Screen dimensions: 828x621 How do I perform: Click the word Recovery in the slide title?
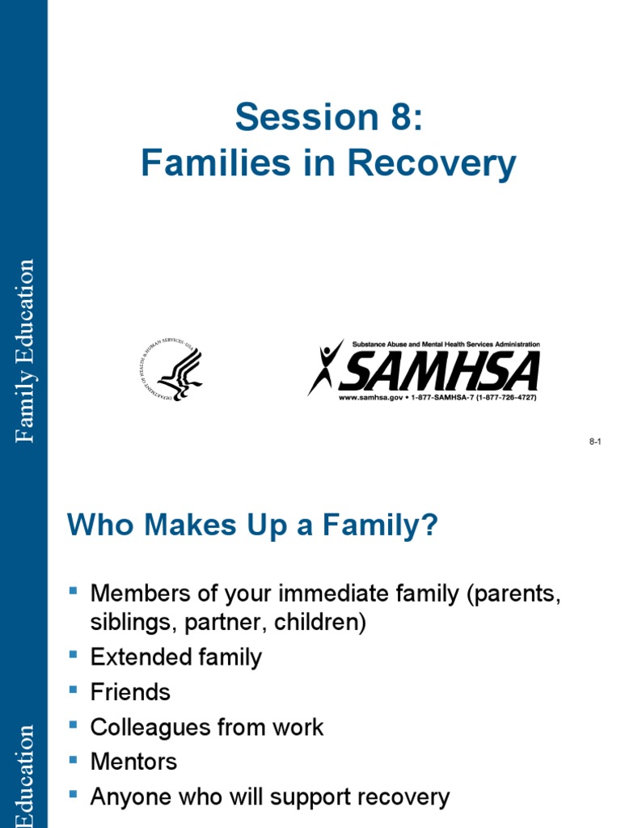pos(433,164)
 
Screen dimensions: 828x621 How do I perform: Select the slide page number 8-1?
pos(596,441)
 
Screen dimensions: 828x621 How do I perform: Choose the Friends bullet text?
pos(130,692)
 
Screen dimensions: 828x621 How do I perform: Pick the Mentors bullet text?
pos(133,762)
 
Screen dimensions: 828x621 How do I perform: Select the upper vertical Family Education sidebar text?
pos(27,350)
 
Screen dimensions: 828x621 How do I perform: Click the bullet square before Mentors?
pos(74,758)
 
